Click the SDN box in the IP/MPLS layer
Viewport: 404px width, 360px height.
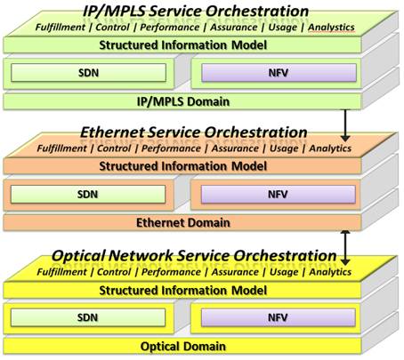(x=88, y=73)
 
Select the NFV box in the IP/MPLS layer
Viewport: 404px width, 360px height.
(x=279, y=73)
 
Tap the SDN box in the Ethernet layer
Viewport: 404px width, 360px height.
(x=88, y=195)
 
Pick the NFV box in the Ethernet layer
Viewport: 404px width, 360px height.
(x=279, y=195)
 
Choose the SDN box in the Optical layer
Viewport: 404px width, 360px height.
(x=88, y=317)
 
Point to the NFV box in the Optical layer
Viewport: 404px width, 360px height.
(x=279, y=317)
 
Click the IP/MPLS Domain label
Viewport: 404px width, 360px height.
(x=183, y=101)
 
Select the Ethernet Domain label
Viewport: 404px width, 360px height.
(x=183, y=222)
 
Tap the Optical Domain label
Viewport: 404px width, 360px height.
(x=183, y=347)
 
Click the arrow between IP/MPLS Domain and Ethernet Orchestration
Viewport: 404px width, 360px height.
(x=345, y=125)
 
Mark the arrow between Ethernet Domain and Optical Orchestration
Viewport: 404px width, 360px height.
(x=345, y=248)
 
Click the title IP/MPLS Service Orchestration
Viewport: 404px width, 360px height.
(x=196, y=12)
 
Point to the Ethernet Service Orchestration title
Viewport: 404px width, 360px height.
(x=194, y=132)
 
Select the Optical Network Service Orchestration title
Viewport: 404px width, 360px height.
(x=194, y=255)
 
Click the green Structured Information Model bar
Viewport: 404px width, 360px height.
(x=182, y=45)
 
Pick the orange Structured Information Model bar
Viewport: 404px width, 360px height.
(x=182, y=166)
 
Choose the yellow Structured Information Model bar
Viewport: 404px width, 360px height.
(x=182, y=291)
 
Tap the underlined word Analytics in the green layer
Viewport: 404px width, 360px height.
(x=331, y=28)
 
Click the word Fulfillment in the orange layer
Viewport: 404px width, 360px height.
(x=61, y=148)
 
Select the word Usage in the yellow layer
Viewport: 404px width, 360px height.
(x=284, y=272)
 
